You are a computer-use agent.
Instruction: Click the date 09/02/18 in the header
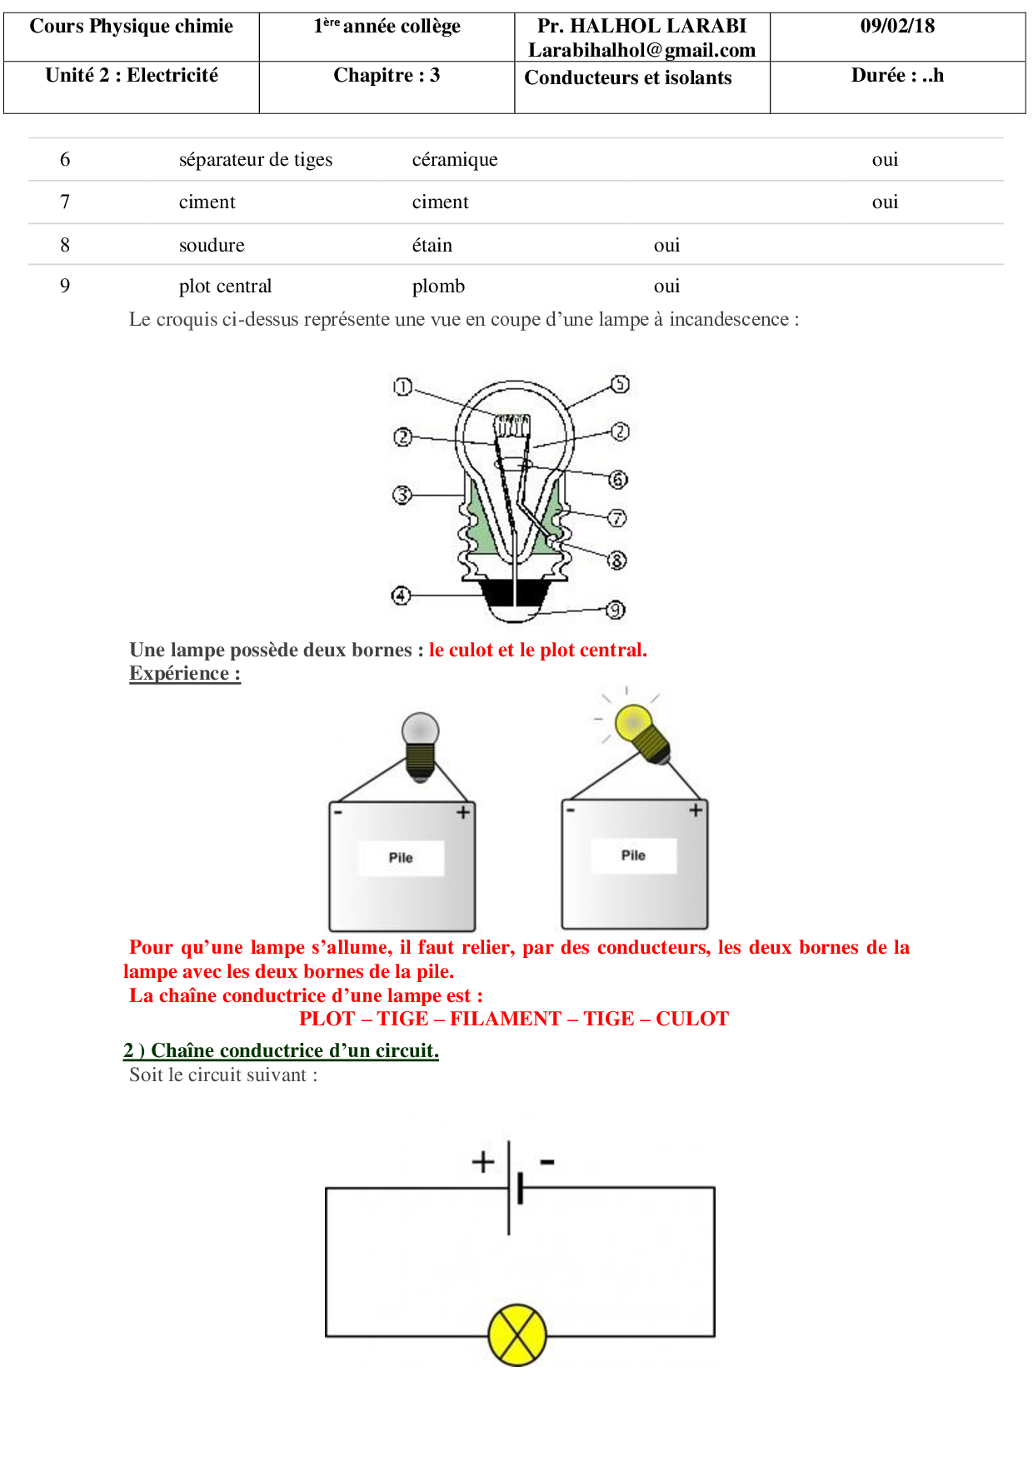897,26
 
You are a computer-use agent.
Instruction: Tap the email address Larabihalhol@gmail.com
641,50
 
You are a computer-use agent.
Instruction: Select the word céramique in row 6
455,159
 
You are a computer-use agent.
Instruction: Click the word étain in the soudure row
432,245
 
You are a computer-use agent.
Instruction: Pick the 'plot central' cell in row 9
225,286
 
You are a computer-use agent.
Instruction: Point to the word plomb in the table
438,286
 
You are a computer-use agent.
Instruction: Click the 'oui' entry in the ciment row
885,202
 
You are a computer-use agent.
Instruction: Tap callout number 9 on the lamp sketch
616,610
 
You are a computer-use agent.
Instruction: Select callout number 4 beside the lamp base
401,596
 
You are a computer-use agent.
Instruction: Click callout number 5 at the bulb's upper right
620,384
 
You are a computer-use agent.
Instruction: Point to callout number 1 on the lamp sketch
402,386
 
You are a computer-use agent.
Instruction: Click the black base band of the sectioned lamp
516,592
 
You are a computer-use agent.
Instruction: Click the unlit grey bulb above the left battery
421,730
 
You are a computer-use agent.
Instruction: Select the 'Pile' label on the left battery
401,857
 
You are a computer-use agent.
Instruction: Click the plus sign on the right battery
696,810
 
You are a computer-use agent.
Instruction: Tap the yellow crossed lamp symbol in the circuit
517,1334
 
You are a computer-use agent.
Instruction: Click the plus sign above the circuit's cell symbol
483,1161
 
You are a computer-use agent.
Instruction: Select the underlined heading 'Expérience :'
185,673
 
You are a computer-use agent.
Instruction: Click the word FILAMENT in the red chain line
505,1019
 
